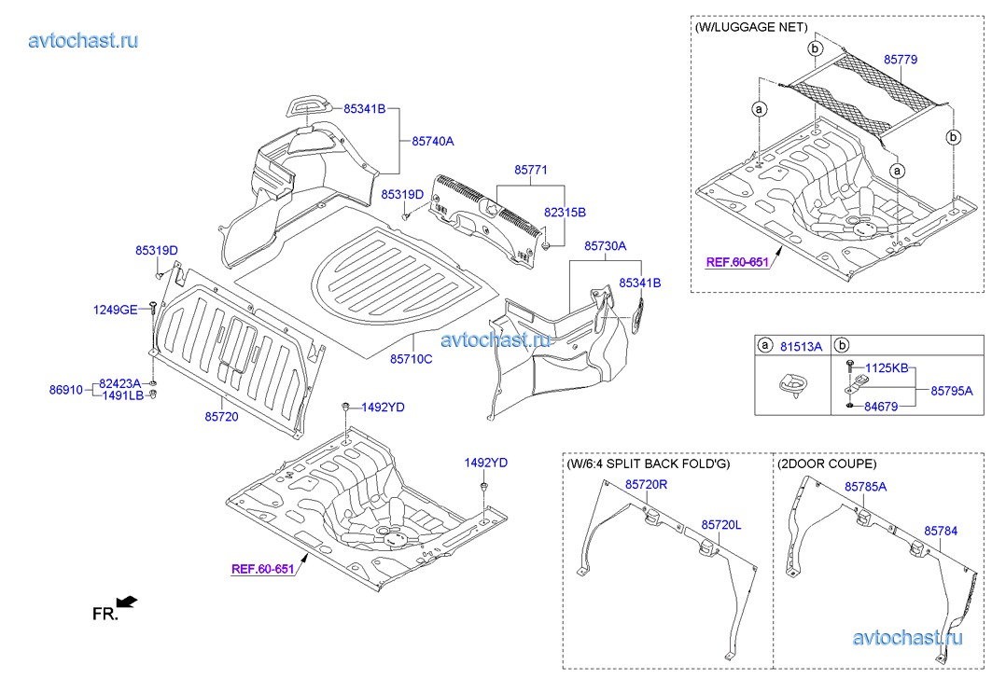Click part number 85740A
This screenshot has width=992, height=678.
tap(432, 142)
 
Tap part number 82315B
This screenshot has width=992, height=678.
tap(565, 213)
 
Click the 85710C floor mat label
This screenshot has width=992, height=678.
tap(411, 358)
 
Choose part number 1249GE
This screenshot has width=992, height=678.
tap(115, 310)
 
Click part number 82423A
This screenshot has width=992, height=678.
tap(119, 383)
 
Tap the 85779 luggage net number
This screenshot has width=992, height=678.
tap(900, 60)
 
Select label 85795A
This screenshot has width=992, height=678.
tap(952, 390)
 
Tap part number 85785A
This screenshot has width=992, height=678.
tap(865, 487)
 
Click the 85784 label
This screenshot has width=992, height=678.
tap(941, 530)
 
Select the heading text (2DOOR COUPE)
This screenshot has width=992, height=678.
tap(827, 464)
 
